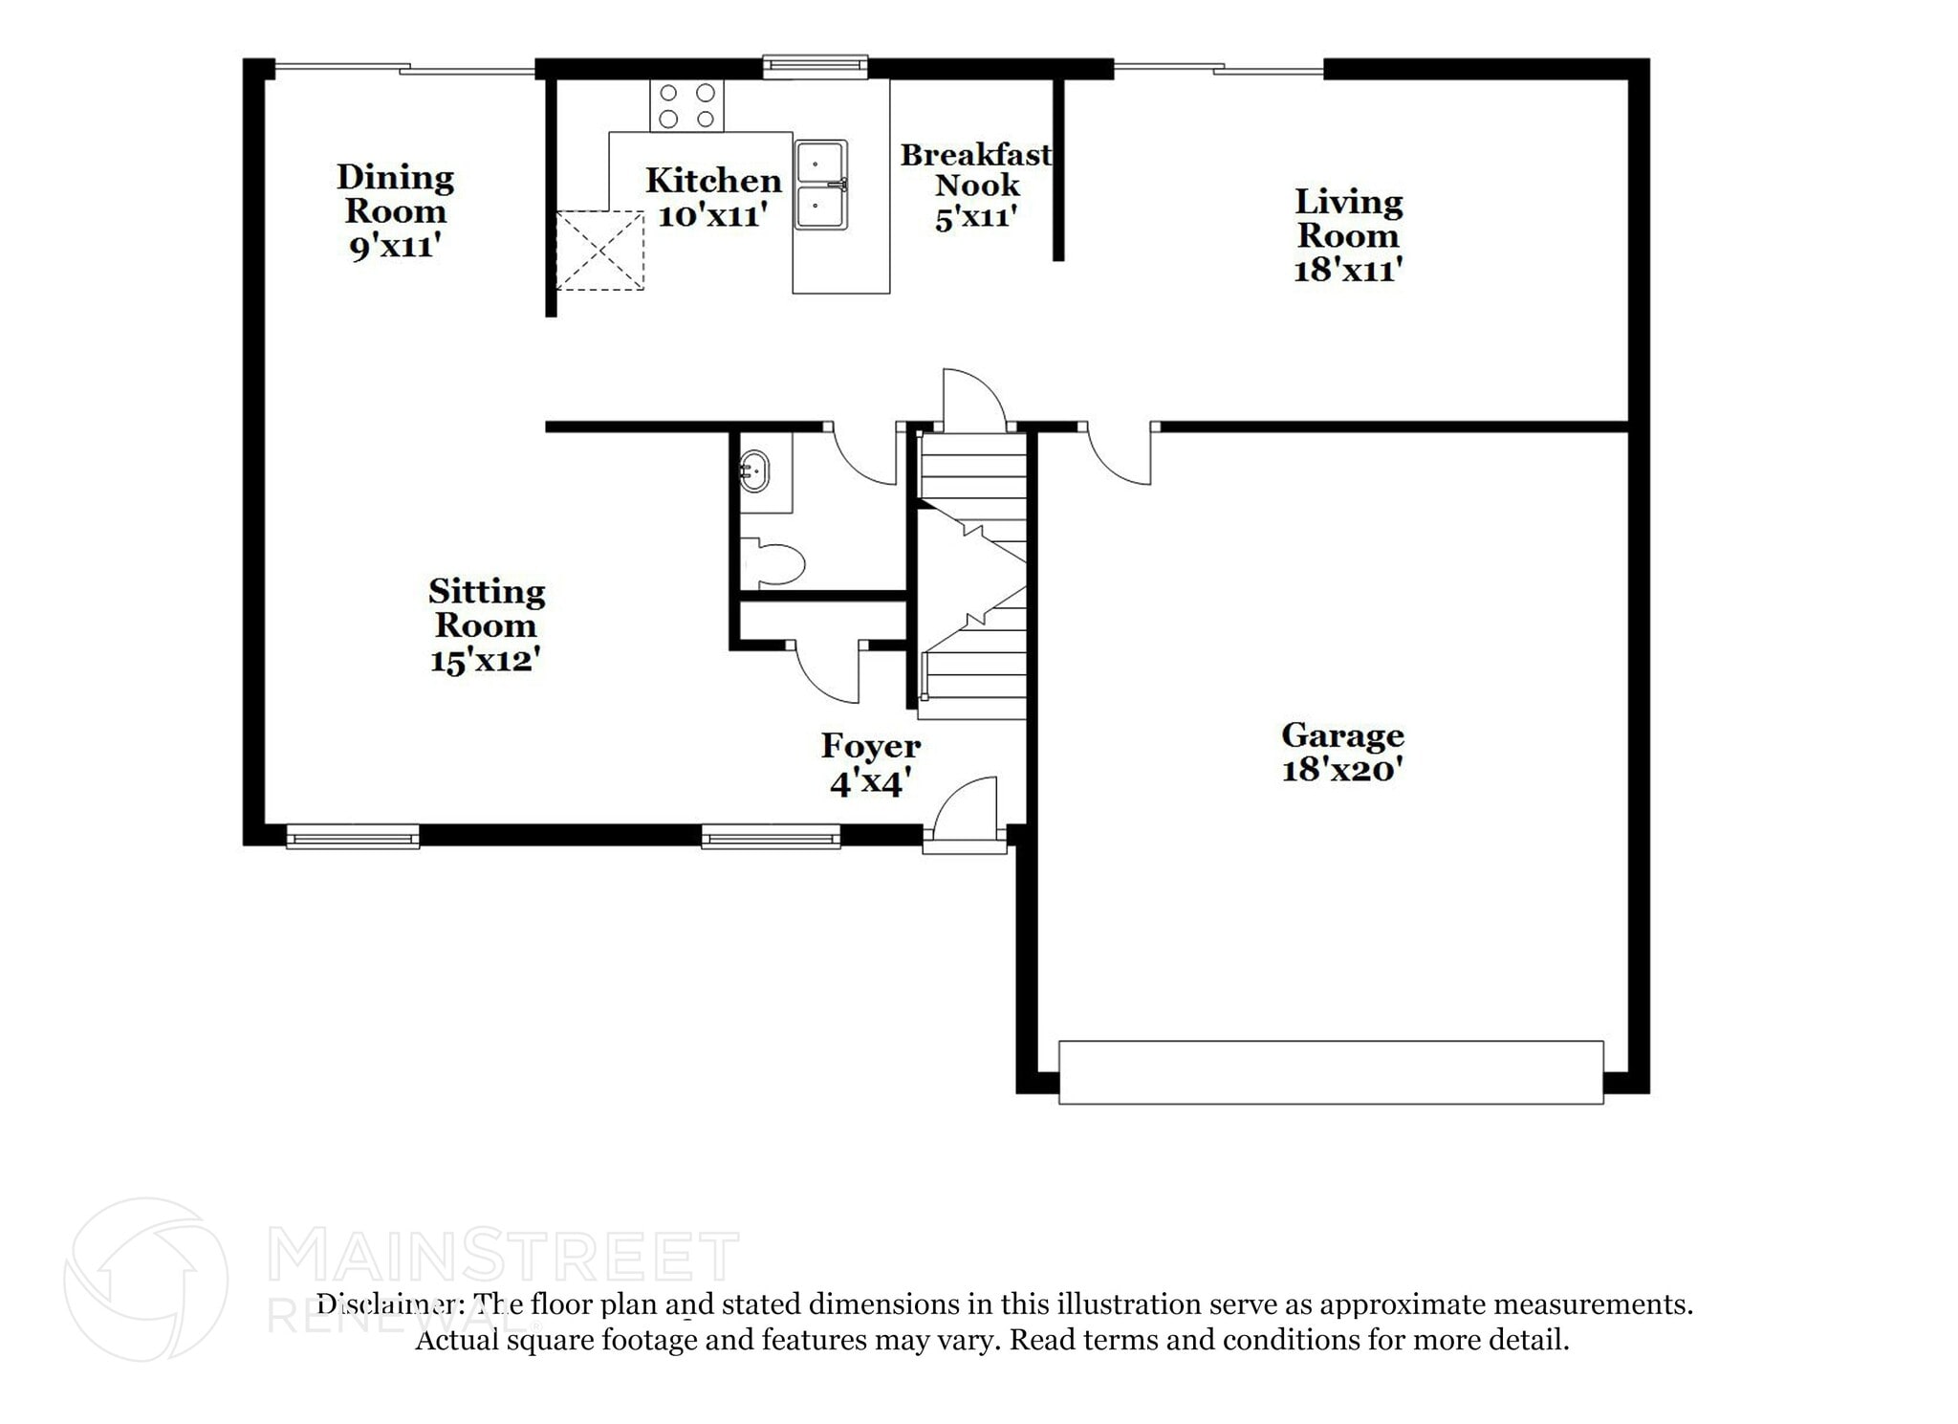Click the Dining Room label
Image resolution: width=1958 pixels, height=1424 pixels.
tap(395, 194)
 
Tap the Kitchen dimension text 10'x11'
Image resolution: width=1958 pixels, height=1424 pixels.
tap(713, 215)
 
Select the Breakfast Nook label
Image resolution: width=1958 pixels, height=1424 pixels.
tap(976, 169)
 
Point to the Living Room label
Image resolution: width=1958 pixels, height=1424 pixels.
tap(1348, 218)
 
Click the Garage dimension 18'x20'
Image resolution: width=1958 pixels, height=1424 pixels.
tap(1342, 769)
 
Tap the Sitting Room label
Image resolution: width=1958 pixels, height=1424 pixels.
tap(487, 608)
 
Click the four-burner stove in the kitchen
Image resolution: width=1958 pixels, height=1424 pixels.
tap(686, 105)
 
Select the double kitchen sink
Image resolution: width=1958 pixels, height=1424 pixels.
tap(821, 186)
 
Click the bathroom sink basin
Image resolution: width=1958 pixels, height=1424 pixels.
tap(754, 471)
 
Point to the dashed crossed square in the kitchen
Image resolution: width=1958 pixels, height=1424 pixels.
tap(599, 251)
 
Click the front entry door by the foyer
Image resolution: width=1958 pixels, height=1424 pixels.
tap(966, 813)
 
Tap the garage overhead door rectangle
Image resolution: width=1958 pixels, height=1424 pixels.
tap(1331, 1072)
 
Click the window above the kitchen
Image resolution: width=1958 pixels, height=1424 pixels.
tap(816, 66)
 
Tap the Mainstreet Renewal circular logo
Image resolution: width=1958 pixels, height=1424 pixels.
tap(145, 1280)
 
